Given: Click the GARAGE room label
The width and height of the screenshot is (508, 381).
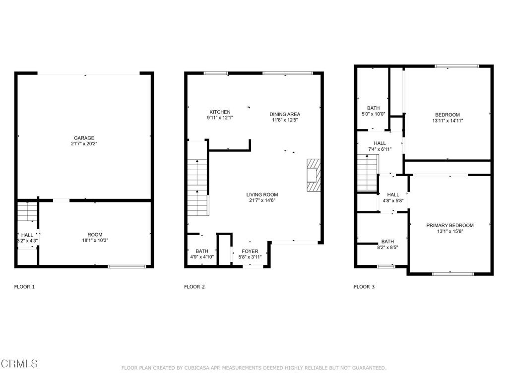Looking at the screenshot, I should (x=84, y=138).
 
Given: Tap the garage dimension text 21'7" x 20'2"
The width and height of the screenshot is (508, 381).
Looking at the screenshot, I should (x=84, y=144).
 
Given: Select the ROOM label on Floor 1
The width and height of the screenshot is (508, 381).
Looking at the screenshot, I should (x=95, y=235).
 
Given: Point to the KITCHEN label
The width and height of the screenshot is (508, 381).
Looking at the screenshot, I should (x=220, y=112).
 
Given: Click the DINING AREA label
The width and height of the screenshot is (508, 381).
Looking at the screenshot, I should (x=285, y=114).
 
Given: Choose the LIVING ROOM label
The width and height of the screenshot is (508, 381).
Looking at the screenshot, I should (x=262, y=194).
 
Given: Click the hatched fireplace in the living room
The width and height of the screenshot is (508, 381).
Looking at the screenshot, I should (x=314, y=175).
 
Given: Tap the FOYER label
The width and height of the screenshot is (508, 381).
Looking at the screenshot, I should (x=250, y=251).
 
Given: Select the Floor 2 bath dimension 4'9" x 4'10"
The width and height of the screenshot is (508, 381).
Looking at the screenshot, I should (x=202, y=257).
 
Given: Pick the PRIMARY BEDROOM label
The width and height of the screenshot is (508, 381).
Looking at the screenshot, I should (x=450, y=225).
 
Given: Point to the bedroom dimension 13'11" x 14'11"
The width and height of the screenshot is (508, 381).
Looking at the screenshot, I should (x=448, y=121).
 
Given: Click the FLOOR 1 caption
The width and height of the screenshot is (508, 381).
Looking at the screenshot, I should (x=24, y=287).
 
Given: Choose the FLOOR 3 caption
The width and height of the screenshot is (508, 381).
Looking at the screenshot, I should (x=364, y=287).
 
